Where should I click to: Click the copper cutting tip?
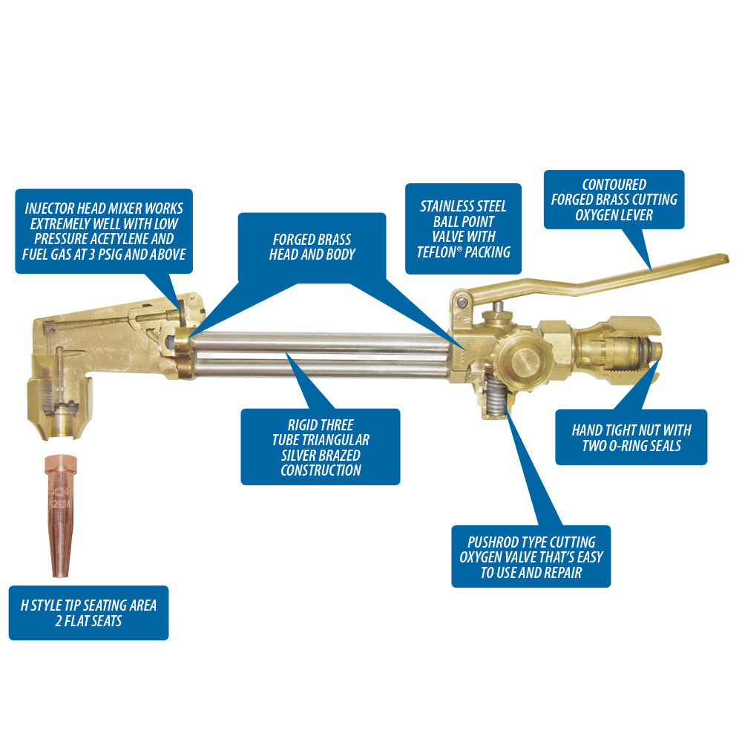[x=60, y=516]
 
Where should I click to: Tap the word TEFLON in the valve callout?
[x=436, y=252]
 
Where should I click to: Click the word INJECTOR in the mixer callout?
[x=49, y=209]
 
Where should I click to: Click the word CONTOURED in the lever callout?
[x=614, y=185]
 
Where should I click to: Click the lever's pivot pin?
[x=463, y=303]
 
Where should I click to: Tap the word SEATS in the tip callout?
[x=105, y=621]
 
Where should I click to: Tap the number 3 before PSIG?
[x=92, y=255]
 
